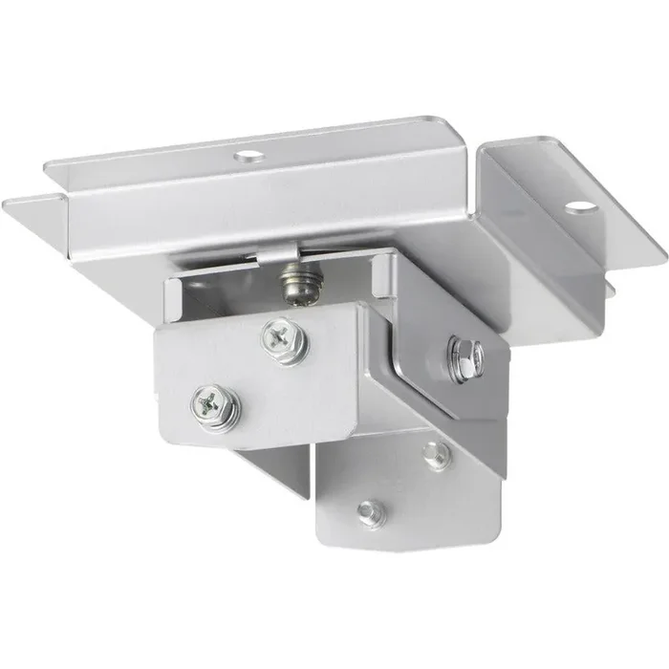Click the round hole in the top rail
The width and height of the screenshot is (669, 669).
[x=250, y=153]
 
